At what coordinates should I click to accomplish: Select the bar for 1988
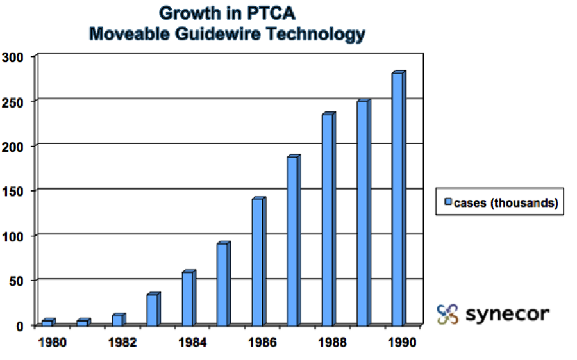tap(328, 220)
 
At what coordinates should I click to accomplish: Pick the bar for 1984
tap(187, 299)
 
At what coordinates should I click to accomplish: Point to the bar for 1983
tap(153, 310)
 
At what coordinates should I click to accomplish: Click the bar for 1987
tap(292, 241)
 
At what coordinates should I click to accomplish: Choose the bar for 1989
tap(363, 214)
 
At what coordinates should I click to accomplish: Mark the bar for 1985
tap(222, 285)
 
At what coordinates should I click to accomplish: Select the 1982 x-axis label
tap(122, 342)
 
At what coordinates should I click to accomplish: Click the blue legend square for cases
tap(448, 203)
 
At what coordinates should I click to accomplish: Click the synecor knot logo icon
tap(447, 314)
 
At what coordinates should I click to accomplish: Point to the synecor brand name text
tap(507, 314)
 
